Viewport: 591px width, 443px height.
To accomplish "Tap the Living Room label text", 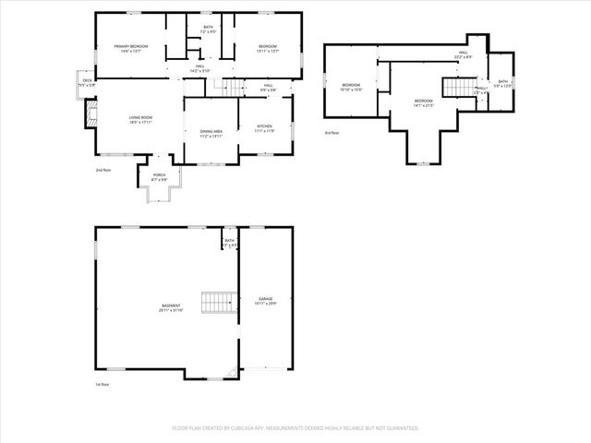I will [x=139, y=119].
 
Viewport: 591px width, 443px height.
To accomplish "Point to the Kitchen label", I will [x=264, y=128].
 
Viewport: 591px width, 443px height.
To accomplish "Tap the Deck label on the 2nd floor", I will [x=88, y=82].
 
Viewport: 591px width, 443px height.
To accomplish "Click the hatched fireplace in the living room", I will [x=90, y=114].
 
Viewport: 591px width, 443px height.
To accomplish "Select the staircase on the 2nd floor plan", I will [x=231, y=87].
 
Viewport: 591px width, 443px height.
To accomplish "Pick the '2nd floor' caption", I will [x=103, y=171].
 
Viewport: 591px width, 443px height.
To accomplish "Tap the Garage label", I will [x=266, y=301].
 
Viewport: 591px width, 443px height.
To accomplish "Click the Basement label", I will [x=171, y=307].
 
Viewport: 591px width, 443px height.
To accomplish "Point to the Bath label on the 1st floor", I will [x=230, y=243].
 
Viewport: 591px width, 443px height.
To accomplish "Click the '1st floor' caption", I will [x=103, y=384].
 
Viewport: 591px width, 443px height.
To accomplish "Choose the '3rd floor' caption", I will [x=332, y=134].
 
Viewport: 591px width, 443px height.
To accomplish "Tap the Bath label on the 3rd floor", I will [x=502, y=84].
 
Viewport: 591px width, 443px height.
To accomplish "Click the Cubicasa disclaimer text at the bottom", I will [x=295, y=428].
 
